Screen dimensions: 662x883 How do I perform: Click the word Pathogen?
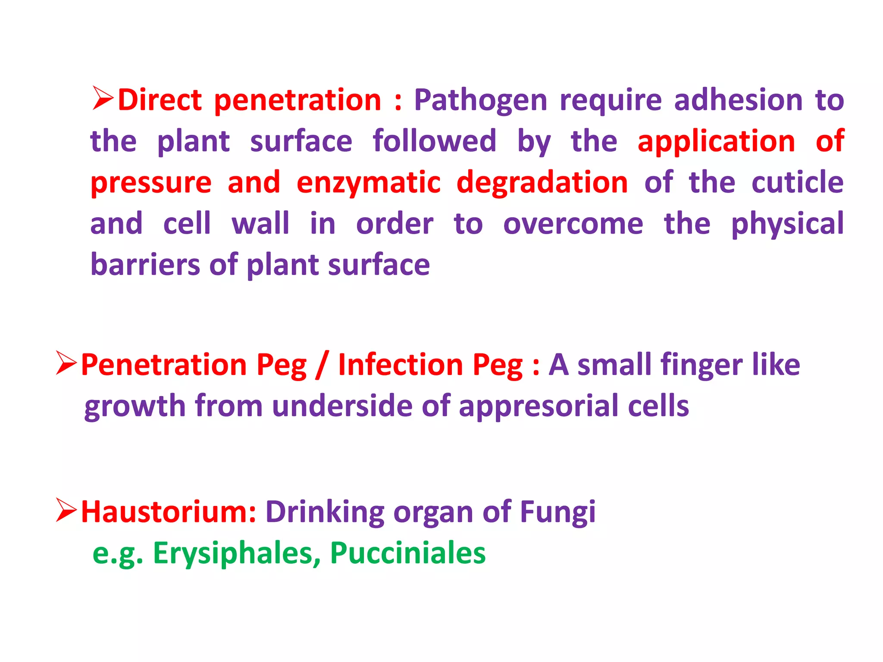tap(480, 101)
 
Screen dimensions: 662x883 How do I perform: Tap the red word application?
tap(716, 141)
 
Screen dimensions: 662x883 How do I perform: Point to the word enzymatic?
tap(369, 183)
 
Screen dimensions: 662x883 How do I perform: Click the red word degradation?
tap(542, 182)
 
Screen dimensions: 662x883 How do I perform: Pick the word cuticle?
tap(797, 182)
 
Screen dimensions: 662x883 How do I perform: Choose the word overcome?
tap(573, 224)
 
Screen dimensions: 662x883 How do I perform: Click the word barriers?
tap(145, 265)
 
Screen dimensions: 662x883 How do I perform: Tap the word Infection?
tap(400, 365)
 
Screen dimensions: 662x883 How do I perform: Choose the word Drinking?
tap(324, 512)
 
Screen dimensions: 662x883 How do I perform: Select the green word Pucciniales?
tap(407, 553)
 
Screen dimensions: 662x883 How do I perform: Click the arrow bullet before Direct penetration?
tap(102, 98)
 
